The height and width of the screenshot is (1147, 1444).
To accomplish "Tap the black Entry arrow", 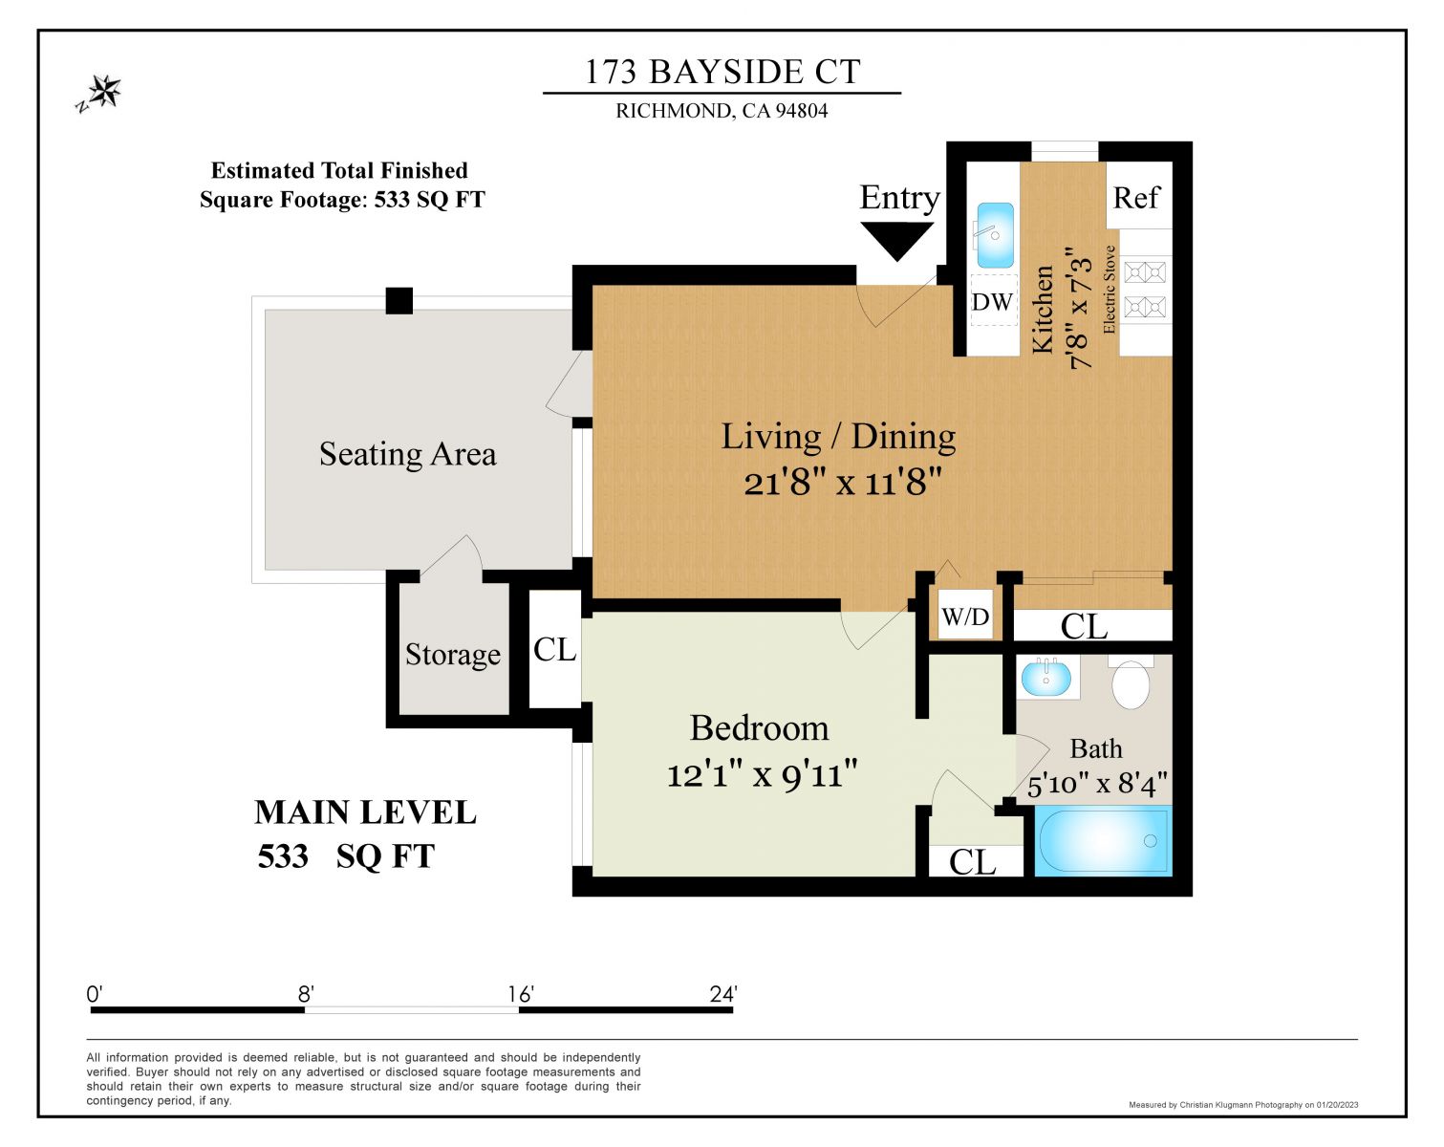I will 896,239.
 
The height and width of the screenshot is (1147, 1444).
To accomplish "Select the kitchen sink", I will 994,234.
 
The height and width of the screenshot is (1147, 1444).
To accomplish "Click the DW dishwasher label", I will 992,302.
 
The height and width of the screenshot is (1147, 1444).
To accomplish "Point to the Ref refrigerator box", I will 1136,198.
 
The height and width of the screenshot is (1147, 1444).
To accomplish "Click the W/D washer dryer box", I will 965,617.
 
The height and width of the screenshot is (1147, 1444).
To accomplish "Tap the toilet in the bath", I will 1131,682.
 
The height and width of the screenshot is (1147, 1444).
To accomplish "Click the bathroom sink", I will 1046,679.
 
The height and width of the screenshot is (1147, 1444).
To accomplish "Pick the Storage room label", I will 452,655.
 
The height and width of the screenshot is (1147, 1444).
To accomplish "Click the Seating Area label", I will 407,454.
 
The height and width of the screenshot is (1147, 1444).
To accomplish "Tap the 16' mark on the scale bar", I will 520,995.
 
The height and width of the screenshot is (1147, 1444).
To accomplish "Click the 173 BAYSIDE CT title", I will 722,72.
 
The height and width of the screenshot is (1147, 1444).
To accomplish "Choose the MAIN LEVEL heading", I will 365,812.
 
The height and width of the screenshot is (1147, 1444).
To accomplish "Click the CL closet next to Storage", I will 554,650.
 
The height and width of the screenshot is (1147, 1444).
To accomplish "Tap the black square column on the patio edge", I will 399,301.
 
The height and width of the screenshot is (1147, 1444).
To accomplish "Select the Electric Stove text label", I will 1110,290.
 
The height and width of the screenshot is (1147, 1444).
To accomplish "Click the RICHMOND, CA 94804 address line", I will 722,111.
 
